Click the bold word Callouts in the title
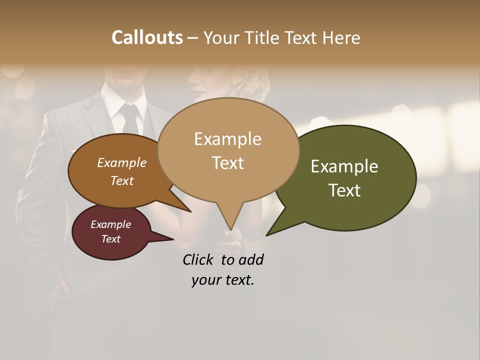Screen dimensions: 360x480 pyautogui.click(x=147, y=37)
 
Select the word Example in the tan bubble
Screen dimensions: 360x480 pyautogui.click(x=227, y=139)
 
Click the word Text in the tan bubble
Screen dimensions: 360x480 pyautogui.click(x=227, y=163)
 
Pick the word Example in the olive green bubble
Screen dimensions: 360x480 pyautogui.click(x=344, y=166)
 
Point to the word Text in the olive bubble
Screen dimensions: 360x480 pyautogui.click(x=344, y=190)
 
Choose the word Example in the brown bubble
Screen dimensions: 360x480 pyautogui.click(x=121, y=162)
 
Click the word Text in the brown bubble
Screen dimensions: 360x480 pyautogui.click(x=121, y=180)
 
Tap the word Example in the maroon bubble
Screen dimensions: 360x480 pyautogui.click(x=110, y=224)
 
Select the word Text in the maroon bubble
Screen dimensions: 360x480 pyautogui.click(x=110, y=239)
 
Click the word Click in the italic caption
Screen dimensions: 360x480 pyautogui.click(x=197, y=259)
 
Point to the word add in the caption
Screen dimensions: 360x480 pyautogui.click(x=250, y=259)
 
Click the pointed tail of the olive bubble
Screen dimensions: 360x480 pyautogui.click(x=272, y=230)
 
